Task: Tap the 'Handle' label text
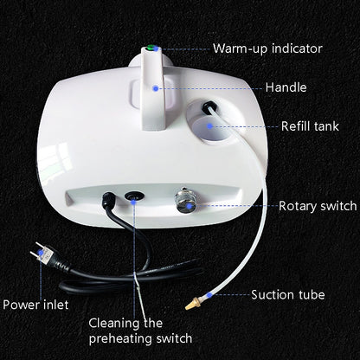coord(285,87)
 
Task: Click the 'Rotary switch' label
coord(318,206)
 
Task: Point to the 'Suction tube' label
coord(288,295)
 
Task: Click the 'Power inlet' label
coord(37,305)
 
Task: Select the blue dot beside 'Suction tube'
coord(235,295)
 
